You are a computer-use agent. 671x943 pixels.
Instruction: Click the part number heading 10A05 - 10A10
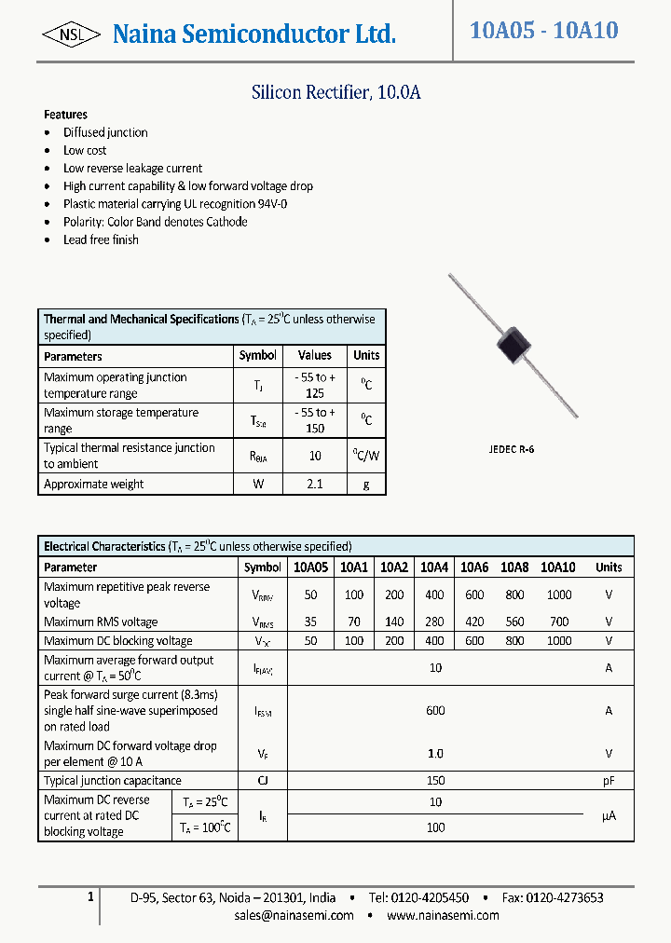point(544,30)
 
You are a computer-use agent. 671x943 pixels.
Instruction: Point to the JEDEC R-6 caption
point(512,449)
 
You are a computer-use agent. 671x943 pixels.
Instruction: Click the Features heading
point(65,115)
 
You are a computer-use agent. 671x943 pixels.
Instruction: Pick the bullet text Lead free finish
point(101,239)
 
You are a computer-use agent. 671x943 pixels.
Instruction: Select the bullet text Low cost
point(85,150)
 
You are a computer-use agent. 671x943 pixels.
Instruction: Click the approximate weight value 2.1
point(315,485)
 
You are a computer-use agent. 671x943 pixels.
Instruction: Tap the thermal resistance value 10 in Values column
point(315,456)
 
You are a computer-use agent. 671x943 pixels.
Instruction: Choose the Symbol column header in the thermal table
point(258,355)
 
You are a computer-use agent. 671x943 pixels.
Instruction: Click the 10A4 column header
point(434,567)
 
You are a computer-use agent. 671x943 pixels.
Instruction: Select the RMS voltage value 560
point(514,622)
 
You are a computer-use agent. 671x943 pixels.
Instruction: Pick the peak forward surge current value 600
point(435,710)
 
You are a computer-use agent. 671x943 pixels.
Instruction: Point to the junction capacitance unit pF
point(609,781)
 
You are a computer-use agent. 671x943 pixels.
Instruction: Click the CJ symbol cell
point(263,781)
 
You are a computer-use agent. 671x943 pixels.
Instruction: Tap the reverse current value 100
point(435,827)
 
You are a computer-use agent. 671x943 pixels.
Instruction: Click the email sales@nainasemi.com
point(294,915)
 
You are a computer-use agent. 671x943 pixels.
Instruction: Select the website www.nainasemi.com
point(443,915)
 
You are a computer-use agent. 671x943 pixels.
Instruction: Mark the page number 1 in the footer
point(90,896)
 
